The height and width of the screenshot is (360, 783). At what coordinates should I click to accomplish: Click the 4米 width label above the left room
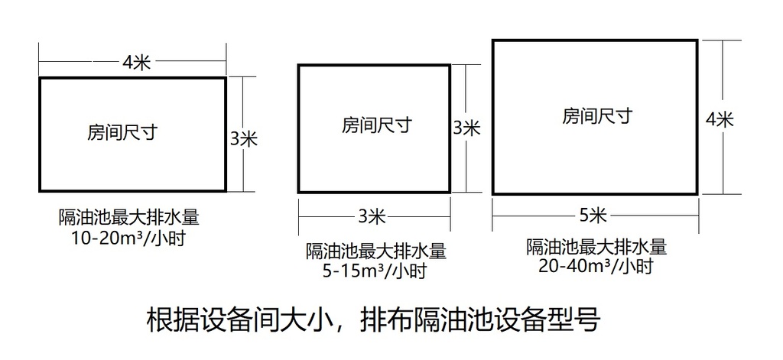(136, 63)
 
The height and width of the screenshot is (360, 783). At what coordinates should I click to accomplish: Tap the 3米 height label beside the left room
(244, 139)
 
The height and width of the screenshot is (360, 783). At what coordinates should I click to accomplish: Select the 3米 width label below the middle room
(372, 217)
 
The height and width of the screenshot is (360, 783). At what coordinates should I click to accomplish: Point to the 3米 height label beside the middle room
(466, 128)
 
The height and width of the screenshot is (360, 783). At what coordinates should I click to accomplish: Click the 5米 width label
(593, 216)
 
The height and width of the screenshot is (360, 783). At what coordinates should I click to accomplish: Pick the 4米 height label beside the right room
(720, 119)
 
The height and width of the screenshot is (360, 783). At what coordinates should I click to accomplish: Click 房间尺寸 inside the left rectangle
(123, 132)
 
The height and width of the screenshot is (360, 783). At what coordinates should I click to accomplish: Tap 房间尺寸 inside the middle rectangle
(377, 125)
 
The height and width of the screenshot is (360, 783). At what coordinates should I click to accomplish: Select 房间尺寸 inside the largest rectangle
(597, 116)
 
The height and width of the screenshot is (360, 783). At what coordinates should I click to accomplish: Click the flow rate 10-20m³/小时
(128, 238)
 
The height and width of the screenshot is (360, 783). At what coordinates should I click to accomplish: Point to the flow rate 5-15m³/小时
(375, 271)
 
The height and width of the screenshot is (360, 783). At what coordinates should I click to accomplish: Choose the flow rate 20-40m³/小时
(596, 267)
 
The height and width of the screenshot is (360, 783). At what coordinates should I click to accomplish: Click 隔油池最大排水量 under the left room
(128, 218)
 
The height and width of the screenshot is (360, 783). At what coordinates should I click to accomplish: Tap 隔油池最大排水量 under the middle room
(375, 251)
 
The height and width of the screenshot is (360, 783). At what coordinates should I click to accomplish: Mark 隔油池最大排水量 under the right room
(596, 247)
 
